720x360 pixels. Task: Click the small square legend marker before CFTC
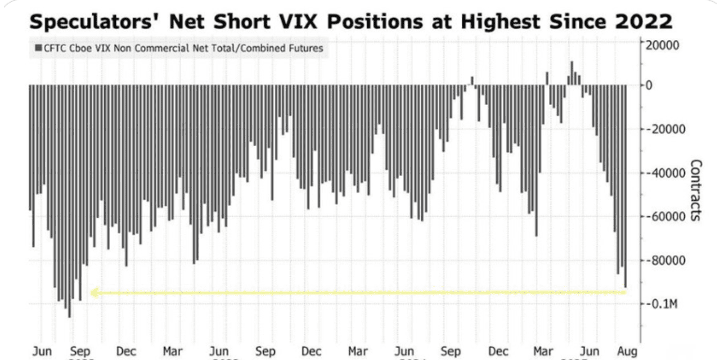pos(38,48)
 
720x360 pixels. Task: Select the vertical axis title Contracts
pos(696,190)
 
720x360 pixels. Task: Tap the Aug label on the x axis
pos(628,352)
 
